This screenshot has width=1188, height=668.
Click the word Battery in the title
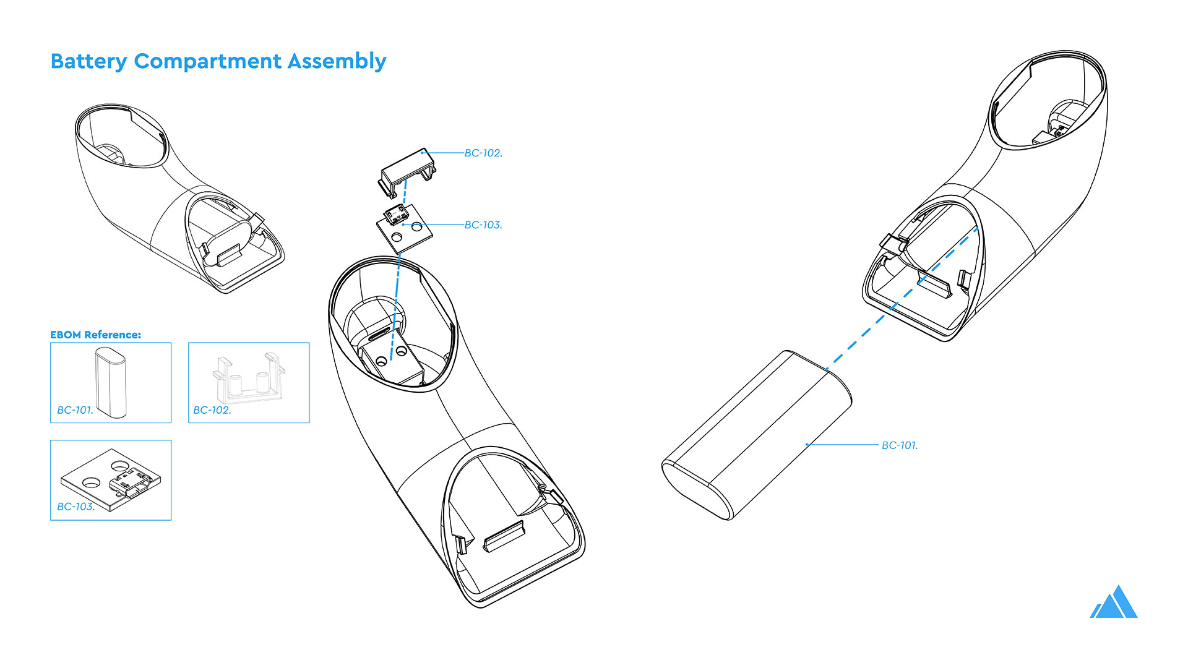88,62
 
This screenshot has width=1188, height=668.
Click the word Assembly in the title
337,62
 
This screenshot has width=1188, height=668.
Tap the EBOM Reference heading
95,335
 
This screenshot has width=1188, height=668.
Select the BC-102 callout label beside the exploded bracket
483,153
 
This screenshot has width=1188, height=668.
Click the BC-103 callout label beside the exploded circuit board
483,225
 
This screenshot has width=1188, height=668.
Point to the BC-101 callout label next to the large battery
900,445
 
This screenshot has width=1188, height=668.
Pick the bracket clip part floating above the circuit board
407,167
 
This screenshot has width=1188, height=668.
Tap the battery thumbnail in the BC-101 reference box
111,381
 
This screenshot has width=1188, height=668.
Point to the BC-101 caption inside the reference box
75,410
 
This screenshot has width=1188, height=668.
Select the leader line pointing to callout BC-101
841,445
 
